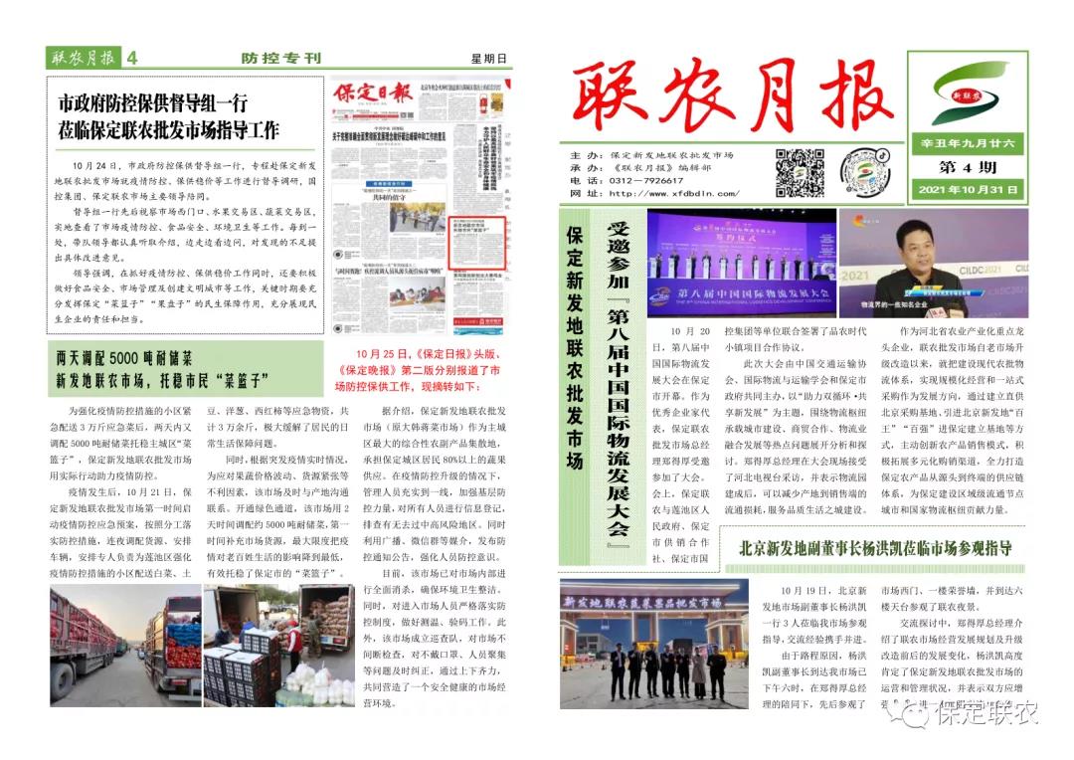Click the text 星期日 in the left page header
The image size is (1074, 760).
click(489, 58)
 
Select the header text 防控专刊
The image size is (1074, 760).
click(281, 58)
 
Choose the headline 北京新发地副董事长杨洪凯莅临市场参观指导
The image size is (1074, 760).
click(874, 548)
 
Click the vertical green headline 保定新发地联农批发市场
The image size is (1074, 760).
click(574, 348)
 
